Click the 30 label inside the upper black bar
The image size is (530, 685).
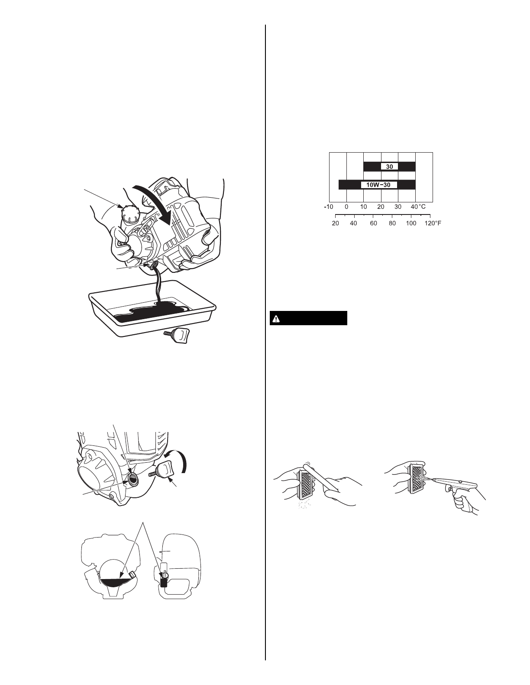[x=389, y=166]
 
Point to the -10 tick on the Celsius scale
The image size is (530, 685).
[x=328, y=207]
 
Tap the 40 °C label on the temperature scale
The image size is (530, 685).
[x=418, y=207]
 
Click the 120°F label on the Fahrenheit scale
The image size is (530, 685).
[x=432, y=224]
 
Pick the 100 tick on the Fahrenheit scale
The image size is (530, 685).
[x=411, y=224]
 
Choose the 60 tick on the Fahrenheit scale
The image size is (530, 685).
[x=374, y=224]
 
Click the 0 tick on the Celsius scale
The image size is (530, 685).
[x=346, y=207]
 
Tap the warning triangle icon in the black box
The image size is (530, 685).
[x=276, y=319]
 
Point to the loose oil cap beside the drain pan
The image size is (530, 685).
[x=178, y=336]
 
